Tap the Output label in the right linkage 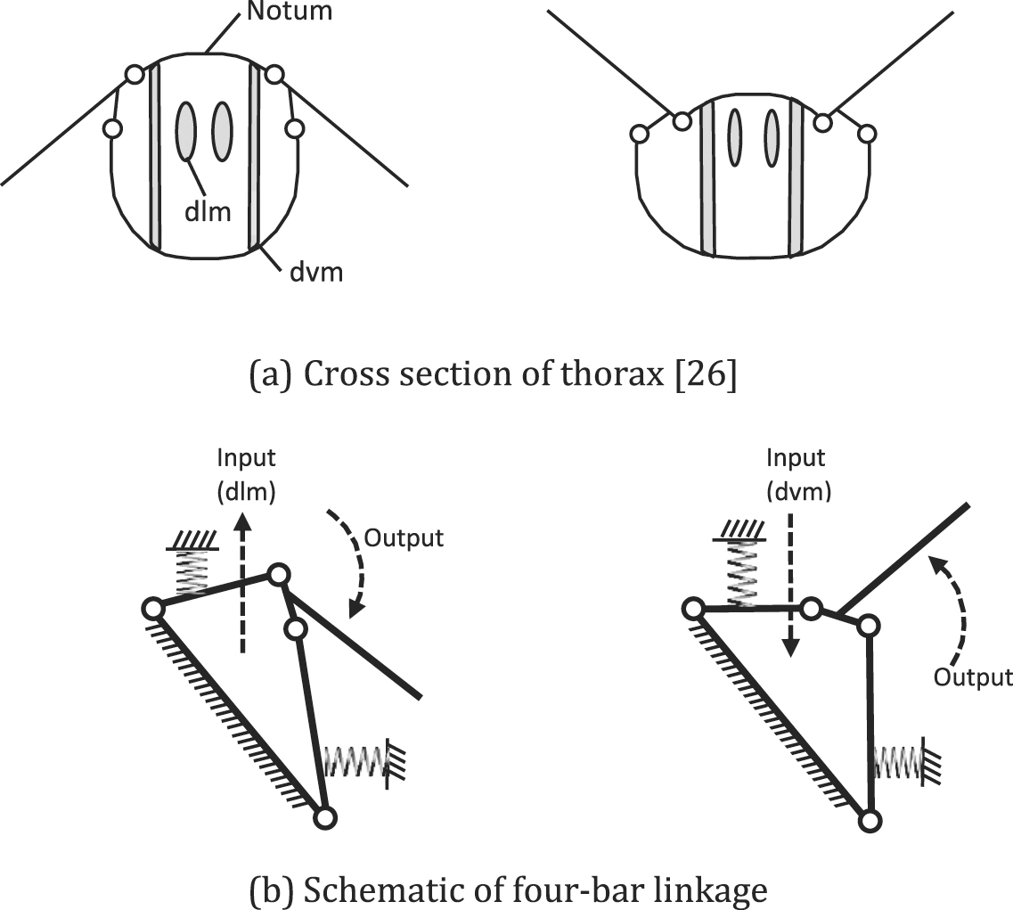(973, 677)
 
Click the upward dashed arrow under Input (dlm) (240, 588)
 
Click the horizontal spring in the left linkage (356, 761)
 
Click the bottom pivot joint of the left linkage (325, 816)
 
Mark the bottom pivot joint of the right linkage (872, 819)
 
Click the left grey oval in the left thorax (185, 132)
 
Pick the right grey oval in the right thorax (772, 137)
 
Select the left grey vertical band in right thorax (708, 178)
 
